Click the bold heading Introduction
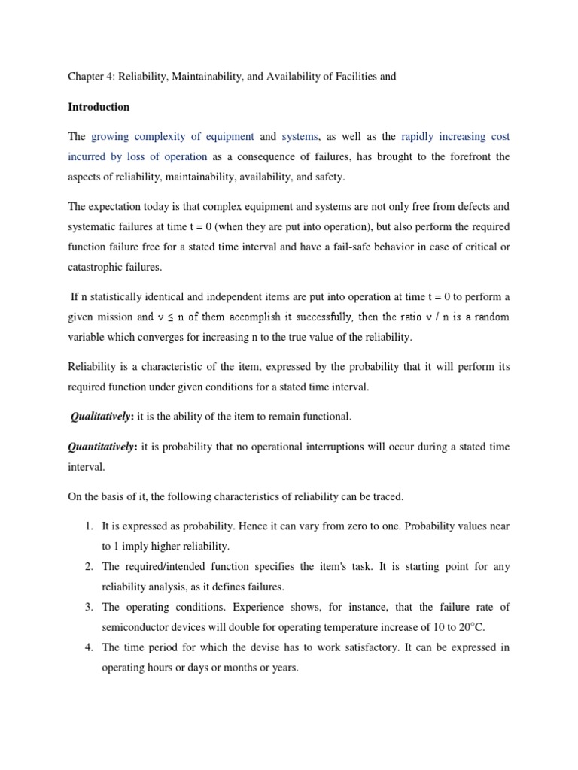click(x=99, y=107)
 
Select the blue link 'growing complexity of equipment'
click(x=172, y=137)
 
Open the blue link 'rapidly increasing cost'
click(x=455, y=137)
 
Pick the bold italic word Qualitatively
click(x=102, y=416)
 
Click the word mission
click(x=117, y=317)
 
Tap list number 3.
click(x=89, y=606)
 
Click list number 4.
click(x=89, y=647)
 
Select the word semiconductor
click(x=136, y=626)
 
